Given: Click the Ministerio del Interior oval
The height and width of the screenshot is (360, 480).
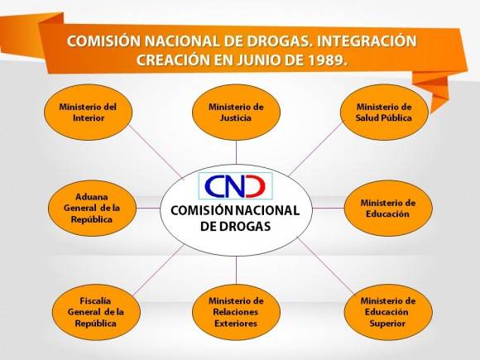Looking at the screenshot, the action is pos(89,113).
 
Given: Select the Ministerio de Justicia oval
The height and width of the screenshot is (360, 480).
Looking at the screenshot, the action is pos(236,113).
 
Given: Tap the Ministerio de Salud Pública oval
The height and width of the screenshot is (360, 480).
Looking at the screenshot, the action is pos(384,113).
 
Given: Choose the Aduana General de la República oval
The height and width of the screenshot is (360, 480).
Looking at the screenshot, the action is pos(92,209).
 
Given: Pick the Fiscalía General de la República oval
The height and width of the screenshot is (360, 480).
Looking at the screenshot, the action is pos(96,312).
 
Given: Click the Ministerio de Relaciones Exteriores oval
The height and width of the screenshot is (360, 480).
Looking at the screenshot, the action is pos(236,312).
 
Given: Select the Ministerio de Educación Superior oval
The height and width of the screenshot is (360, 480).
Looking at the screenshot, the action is pos(388,312).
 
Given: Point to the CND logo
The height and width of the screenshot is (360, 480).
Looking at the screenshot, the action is pos(235,186).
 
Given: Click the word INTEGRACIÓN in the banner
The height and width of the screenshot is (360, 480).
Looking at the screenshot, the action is pos(367,41).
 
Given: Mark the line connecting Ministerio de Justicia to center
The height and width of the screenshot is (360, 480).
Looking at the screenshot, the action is pos(236,152).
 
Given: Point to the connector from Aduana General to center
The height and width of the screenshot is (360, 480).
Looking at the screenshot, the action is pos(148,209).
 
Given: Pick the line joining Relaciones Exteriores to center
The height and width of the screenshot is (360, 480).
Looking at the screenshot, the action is pos(236,271).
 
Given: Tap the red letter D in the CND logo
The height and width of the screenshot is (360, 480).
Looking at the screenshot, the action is pos(256,186).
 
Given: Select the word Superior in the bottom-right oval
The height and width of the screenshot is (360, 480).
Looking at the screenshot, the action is pos(387,324).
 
